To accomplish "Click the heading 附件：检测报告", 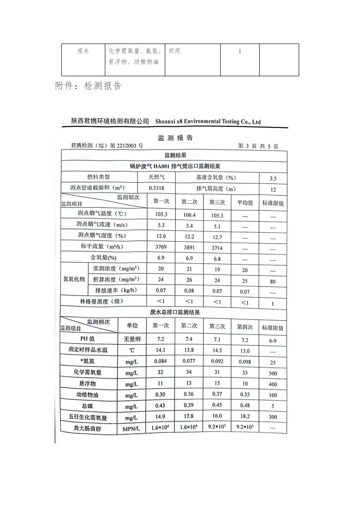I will click(88, 86).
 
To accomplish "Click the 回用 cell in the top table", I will click(174, 51).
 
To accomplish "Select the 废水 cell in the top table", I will click(83, 51).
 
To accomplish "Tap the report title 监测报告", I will click(175, 138).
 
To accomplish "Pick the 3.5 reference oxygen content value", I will click(273, 179).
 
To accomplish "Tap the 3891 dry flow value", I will click(189, 248).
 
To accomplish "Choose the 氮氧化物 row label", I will click(74, 279).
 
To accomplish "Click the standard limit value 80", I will click(273, 282).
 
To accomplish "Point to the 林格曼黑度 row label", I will click(98, 301).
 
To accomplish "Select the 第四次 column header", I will click(245, 326).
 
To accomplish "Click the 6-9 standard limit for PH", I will click(273, 340).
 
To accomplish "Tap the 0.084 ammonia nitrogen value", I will click(161, 361).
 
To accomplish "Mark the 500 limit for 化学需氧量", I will click(273, 373).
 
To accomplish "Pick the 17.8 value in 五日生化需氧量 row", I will click(189, 416).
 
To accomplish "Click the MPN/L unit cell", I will click(132, 429).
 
